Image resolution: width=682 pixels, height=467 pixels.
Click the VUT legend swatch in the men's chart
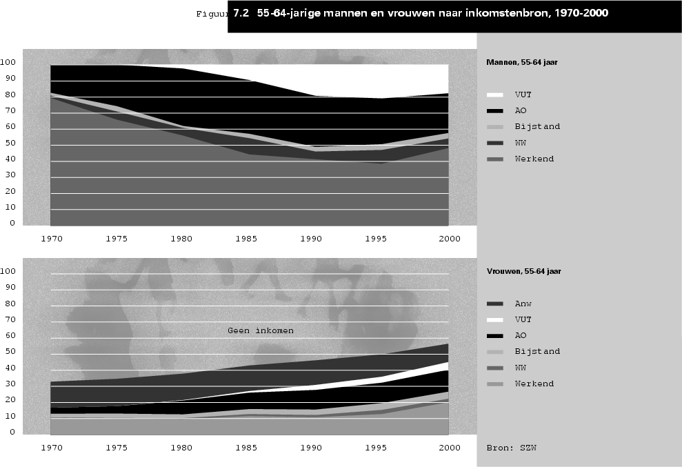point(495,95)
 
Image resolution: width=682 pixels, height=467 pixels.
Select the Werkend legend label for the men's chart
point(534,159)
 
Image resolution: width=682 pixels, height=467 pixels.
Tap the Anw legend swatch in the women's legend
point(495,304)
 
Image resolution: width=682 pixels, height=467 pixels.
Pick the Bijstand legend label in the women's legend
point(537,351)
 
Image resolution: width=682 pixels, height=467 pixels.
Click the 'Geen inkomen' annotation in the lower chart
point(260,330)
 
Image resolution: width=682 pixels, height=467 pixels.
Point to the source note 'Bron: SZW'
point(511,447)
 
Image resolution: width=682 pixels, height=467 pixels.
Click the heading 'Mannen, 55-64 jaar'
point(521,62)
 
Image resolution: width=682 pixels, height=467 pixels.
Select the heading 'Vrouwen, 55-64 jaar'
point(523,272)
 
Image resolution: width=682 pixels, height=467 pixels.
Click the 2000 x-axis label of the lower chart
point(449,448)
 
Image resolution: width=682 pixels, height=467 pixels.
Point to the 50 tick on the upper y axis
point(9,143)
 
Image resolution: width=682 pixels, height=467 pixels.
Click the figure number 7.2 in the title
point(241,13)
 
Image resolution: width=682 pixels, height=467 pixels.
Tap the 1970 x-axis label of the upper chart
point(51,238)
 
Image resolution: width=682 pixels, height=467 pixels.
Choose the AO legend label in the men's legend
point(521,110)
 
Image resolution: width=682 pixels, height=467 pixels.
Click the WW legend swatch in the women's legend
point(495,368)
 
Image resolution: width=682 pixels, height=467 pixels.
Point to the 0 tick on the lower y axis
point(12,433)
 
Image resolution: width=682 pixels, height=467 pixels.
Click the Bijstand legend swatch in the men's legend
point(495,127)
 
